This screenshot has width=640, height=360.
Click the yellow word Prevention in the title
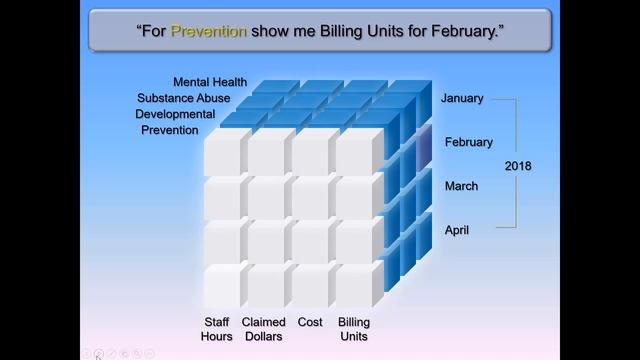point(208,31)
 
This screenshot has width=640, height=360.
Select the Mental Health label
point(210,82)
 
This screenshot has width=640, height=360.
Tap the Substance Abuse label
point(184,98)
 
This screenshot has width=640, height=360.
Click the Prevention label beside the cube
point(169,130)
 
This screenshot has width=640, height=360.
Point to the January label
point(462,98)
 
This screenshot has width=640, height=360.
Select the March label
point(461,186)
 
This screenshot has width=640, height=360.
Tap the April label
point(457,230)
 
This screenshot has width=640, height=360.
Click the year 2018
point(518,165)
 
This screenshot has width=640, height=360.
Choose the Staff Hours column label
point(217,329)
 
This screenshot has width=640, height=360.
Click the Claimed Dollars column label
point(264,329)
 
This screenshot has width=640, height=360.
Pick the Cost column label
point(310,322)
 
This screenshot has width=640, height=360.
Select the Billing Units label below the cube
point(354,329)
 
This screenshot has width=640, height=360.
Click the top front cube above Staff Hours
point(222,153)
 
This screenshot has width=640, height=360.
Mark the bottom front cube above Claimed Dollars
point(266,285)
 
